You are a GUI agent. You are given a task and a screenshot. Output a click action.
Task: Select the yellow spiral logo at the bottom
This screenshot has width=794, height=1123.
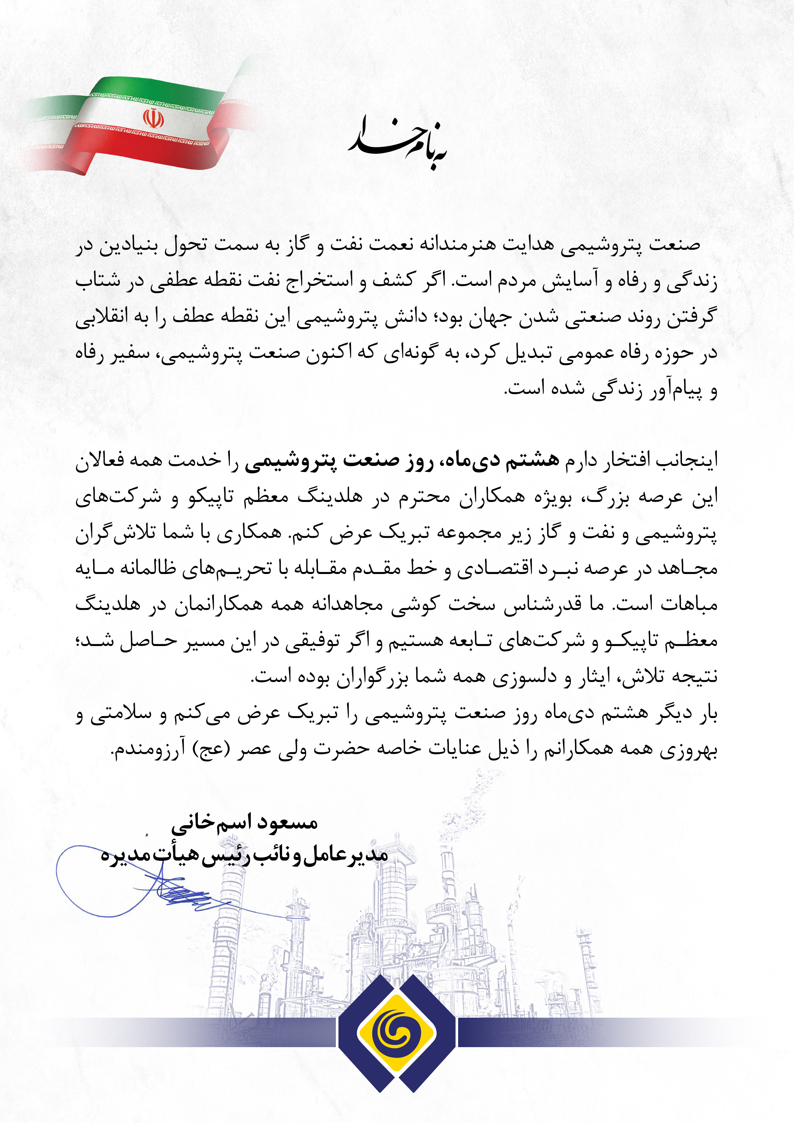click(396, 1032)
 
